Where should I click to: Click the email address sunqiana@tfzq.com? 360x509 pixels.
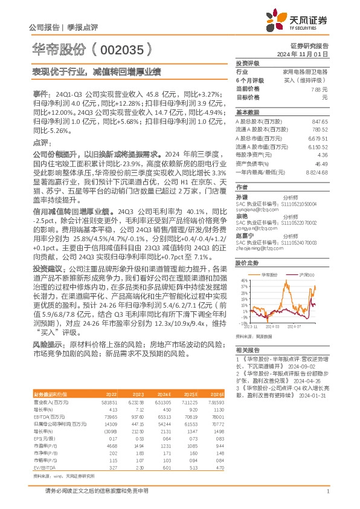pyautogui.click(x=252, y=210)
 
